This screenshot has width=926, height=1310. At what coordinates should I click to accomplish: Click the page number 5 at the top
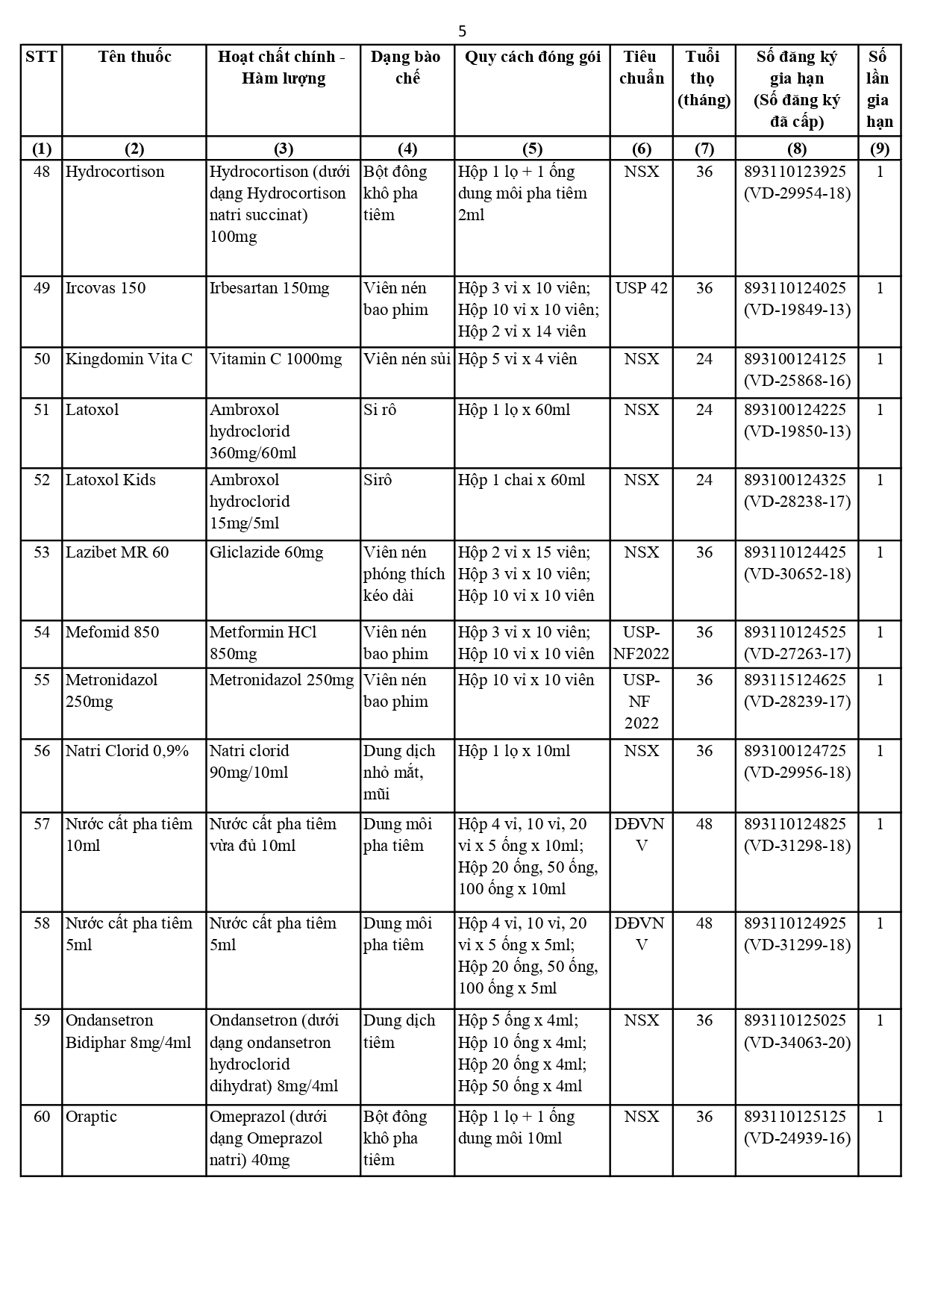(462, 31)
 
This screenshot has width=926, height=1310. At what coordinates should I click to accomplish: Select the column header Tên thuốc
(134, 57)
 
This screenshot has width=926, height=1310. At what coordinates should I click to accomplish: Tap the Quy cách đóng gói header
(532, 57)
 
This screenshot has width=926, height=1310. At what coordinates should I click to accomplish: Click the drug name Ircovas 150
(106, 288)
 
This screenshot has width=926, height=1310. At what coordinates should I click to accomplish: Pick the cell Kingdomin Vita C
(129, 359)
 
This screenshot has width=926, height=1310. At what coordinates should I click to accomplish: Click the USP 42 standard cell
(641, 288)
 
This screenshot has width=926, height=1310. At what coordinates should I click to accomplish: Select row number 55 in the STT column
(42, 680)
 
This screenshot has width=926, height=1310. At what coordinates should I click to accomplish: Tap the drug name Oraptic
(91, 1117)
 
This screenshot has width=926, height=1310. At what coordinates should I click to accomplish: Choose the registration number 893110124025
(795, 288)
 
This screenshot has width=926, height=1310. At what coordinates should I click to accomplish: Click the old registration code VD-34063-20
(797, 1043)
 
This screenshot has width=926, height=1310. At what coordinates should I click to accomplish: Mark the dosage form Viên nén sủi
(407, 359)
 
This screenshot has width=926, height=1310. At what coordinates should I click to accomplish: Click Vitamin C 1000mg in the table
(275, 359)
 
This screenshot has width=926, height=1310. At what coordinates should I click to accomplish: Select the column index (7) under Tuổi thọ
(704, 149)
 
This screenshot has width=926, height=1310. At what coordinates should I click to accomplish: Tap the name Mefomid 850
(112, 632)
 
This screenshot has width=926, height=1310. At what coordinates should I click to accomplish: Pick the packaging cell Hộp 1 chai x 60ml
(521, 480)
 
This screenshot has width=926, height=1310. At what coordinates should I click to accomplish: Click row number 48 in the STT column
(42, 172)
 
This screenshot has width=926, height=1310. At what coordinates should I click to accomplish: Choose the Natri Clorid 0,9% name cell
(127, 751)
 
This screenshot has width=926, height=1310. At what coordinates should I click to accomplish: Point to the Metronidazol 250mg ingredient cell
(281, 680)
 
